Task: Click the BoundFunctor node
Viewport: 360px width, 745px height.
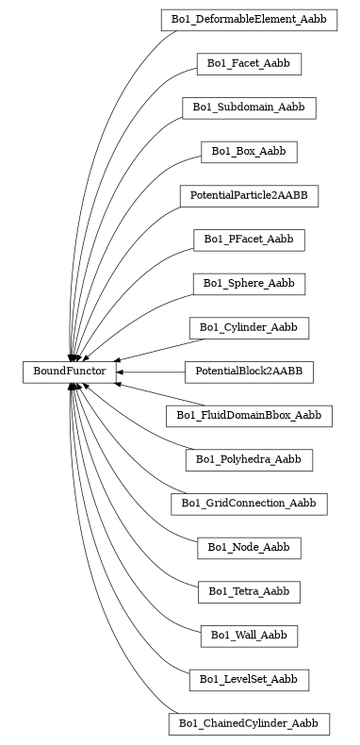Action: coord(69,372)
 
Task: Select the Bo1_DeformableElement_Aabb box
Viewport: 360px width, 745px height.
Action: coord(249,20)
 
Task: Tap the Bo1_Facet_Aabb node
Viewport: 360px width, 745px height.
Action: coord(249,64)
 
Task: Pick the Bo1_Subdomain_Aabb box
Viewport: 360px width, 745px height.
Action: coord(249,108)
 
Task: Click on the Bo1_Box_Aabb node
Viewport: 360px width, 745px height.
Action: coord(249,152)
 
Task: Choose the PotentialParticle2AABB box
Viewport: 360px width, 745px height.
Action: coord(249,196)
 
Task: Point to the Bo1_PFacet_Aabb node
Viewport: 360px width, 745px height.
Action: coord(249,240)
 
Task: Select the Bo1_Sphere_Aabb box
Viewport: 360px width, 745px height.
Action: coord(249,284)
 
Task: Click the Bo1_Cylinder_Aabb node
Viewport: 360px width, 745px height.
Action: coord(249,328)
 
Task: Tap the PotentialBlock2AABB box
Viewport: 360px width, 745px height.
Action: coord(249,372)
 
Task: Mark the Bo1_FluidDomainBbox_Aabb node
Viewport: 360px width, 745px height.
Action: coord(249,416)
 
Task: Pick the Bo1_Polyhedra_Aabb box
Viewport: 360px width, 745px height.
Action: coord(249,459)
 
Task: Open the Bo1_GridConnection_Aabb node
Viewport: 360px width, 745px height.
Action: coord(249,504)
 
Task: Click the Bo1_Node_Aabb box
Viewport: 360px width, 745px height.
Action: coord(249,548)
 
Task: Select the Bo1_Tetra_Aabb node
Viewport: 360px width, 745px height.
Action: coord(249,592)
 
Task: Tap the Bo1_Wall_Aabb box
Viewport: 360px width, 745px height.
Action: coord(249,636)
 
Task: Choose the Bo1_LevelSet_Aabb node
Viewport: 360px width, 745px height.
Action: coord(249,680)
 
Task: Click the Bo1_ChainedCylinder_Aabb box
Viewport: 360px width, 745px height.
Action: coord(249,724)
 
